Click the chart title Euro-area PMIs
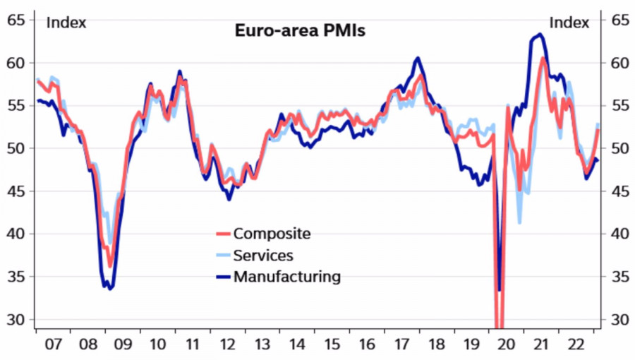click(299, 31)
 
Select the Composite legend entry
click(272, 234)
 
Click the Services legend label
click(263, 256)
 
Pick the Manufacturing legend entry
click(286, 277)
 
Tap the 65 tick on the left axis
click(16, 20)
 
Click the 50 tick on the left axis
click(16, 149)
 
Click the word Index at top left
click(66, 23)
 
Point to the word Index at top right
click(569, 23)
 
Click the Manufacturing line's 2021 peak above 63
click(540, 34)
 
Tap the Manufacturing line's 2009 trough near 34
click(110, 289)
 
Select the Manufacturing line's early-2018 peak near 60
click(418, 58)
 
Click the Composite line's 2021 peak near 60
click(543, 58)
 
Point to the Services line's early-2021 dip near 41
click(520, 222)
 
